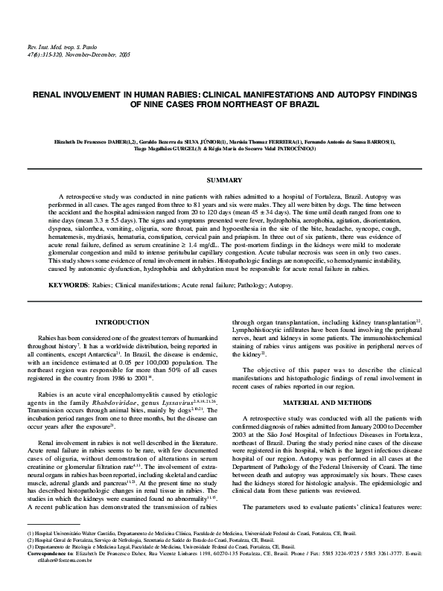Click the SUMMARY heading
click(x=223, y=180)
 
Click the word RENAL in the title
click(x=51, y=96)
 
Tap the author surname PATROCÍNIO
click(x=302, y=148)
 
